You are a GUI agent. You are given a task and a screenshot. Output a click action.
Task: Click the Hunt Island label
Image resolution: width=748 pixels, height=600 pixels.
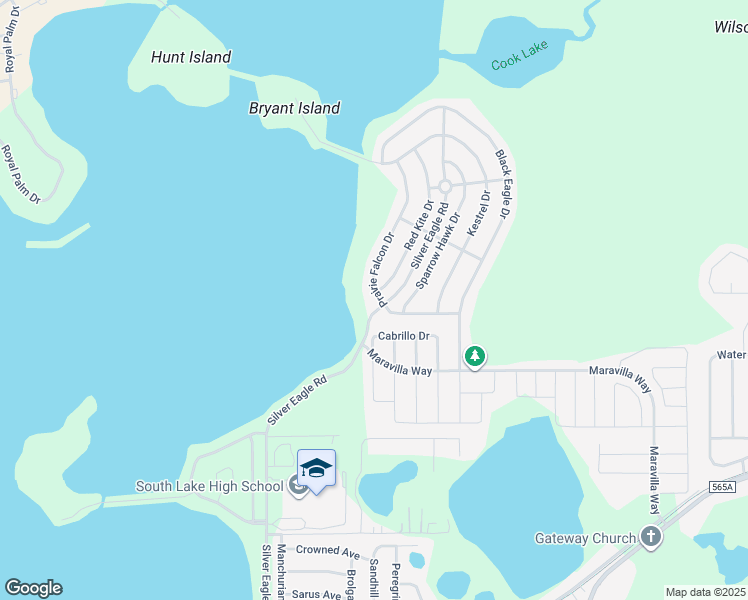191,58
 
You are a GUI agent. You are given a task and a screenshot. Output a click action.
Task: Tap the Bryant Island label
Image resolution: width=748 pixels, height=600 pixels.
294,108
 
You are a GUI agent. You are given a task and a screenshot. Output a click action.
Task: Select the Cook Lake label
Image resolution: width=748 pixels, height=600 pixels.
521,61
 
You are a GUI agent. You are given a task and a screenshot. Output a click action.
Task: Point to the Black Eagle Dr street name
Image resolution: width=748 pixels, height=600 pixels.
503,184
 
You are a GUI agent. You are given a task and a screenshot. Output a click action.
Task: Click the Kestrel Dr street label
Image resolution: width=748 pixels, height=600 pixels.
478,213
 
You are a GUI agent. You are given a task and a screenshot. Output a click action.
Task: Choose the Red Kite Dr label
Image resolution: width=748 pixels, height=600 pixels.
419,225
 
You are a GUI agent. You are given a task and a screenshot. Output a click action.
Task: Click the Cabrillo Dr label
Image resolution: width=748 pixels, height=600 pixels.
403,337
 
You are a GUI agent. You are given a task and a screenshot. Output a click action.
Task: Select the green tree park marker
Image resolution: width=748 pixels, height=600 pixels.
475,356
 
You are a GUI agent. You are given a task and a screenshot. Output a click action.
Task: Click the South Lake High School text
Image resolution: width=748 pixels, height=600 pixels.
210,487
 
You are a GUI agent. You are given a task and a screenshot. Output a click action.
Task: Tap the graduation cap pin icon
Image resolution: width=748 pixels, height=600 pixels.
316,469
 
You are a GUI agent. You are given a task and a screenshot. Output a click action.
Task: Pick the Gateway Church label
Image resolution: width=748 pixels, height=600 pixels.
585,538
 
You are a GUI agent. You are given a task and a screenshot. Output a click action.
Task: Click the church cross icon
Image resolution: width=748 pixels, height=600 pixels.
651,538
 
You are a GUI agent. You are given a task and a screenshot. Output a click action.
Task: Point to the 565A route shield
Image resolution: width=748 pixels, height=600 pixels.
725,486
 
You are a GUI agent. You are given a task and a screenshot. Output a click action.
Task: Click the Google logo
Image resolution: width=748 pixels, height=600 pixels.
33,588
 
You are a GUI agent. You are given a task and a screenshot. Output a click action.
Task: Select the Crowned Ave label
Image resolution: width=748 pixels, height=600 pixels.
327,551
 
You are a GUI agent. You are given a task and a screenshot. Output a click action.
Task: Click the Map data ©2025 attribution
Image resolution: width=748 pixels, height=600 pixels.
705,592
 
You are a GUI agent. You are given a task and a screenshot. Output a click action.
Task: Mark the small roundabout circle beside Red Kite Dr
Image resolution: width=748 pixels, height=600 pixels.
445,186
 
